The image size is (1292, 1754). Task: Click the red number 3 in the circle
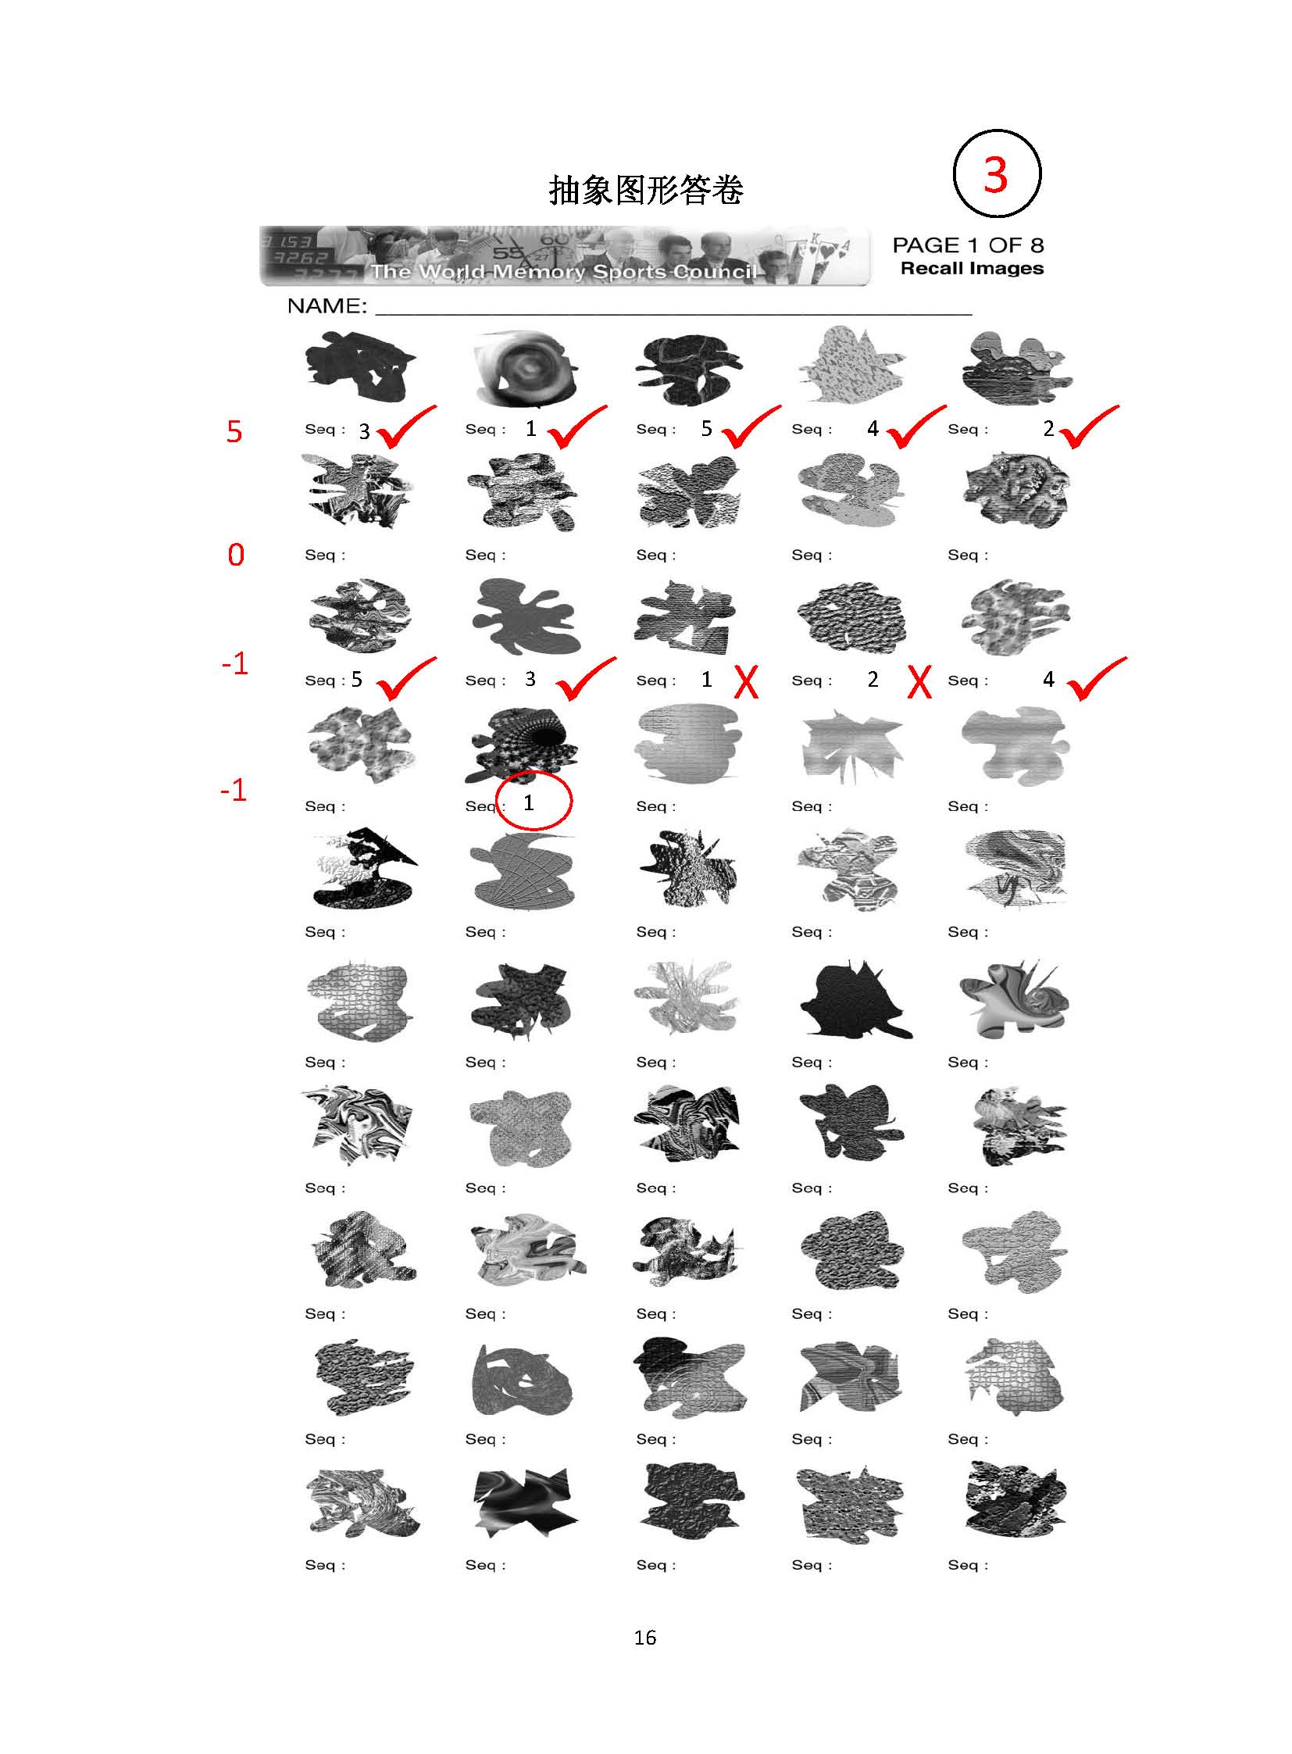point(996,173)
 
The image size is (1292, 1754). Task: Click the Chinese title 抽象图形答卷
point(646,189)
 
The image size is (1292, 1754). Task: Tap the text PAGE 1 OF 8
point(968,245)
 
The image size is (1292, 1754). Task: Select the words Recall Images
point(973,268)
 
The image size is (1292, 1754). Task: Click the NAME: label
point(327,306)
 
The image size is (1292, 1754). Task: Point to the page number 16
point(645,1638)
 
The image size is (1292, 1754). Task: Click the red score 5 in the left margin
point(234,431)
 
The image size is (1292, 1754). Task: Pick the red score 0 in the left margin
point(235,555)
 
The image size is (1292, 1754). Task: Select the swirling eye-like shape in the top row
point(525,369)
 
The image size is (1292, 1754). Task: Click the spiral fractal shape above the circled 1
point(522,744)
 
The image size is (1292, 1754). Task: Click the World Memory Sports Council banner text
point(564,271)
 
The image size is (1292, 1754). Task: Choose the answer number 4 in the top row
point(873,428)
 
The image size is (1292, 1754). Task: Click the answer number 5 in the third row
point(357,679)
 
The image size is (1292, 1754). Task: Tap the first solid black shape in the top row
point(360,367)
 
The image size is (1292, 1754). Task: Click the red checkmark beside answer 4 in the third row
point(1097,678)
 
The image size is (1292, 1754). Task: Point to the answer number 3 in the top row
point(365,431)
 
